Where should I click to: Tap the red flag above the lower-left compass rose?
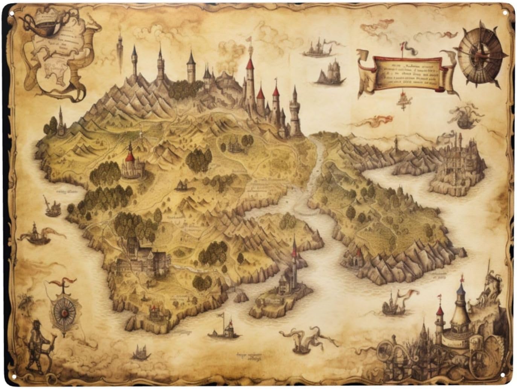[67, 281]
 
